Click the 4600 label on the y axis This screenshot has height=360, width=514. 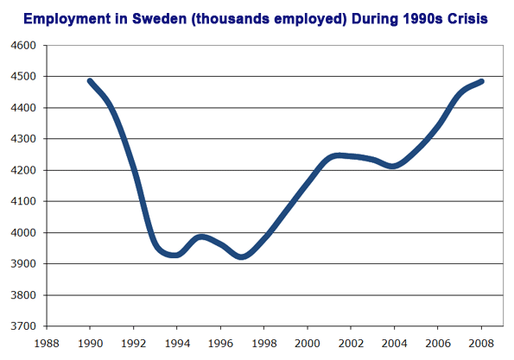(x=23, y=45)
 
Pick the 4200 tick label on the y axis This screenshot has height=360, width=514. (x=23, y=170)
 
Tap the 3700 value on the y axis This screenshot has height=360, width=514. (x=23, y=326)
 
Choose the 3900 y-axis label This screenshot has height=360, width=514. (x=23, y=263)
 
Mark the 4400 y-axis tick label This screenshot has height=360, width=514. (x=23, y=108)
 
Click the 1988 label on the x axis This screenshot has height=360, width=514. (x=47, y=344)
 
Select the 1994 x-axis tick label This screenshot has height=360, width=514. (x=177, y=344)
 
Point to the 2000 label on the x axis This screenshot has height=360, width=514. (x=308, y=344)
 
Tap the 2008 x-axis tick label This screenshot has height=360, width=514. (x=481, y=344)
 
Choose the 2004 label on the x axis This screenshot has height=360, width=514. (x=394, y=344)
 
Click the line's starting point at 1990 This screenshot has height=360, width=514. (x=90, y=81)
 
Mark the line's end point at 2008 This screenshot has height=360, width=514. (x=481, y=81)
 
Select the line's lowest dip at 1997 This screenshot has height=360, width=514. (x=242, y=256)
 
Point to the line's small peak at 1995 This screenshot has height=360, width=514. (x=201, y=237)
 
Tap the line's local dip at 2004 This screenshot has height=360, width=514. (x=393, y=166)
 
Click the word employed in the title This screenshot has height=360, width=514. (x=310, y=20)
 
